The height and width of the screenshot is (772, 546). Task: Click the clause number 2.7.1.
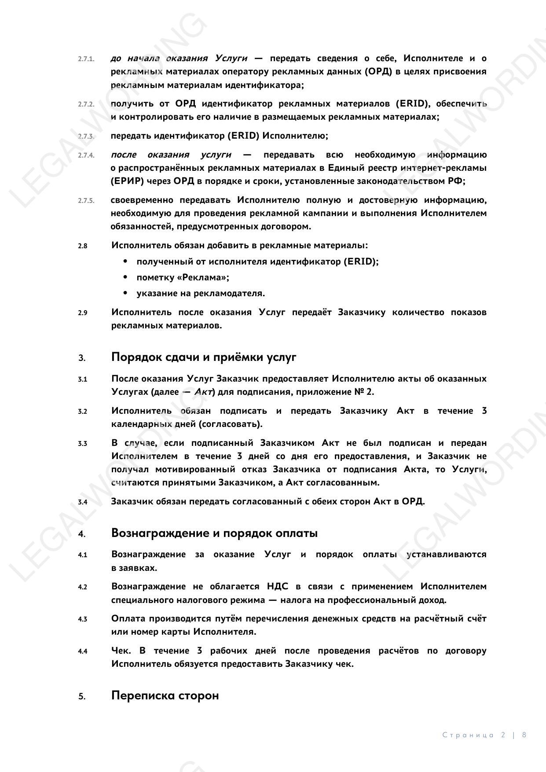[x=86, y=59]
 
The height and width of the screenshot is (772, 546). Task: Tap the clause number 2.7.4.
[x=86, y=155]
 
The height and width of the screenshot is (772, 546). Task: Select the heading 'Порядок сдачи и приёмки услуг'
[x=204, y=357]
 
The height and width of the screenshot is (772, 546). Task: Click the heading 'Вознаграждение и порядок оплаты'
[x=214, y=533]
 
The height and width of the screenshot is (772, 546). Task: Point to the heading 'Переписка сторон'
[x=165, y=696]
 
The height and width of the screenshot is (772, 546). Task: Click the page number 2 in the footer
[x=503, y=735]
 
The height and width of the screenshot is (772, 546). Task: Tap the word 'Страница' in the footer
[x=468, y=735]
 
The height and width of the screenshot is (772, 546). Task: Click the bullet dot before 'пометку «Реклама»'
[x=126, y=277]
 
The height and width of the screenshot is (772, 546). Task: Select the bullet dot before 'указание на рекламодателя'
[x=126, y=293]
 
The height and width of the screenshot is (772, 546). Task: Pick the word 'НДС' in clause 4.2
[x=277, y=587]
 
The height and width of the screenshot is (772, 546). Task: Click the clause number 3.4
[x=83, y=502]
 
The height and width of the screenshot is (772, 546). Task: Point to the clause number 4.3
[x=83, y=619]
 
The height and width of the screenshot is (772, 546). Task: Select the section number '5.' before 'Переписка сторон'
[x=82, y=696]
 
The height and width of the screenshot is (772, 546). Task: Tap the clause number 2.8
[x=83, y=246]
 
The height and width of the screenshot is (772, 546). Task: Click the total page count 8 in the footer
[x=524, y=735]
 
